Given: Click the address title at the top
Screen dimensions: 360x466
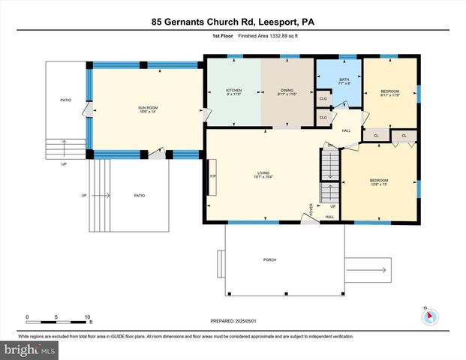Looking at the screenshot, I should [233, 22].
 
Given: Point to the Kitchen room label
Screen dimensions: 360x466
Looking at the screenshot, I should [233, 92].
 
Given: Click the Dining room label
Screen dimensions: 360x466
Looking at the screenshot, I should [287, 92].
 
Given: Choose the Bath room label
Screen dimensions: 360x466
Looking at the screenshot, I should [344, 80].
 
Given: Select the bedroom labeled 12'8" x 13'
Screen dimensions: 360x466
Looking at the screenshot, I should [379, 182].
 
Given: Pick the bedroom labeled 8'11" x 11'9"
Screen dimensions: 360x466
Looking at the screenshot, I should [390, 92].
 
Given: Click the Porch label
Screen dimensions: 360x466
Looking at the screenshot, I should [269, 259].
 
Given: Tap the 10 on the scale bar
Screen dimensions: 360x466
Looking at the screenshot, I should [88, 316].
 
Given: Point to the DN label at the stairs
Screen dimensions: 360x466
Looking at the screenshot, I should [329, 145].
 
